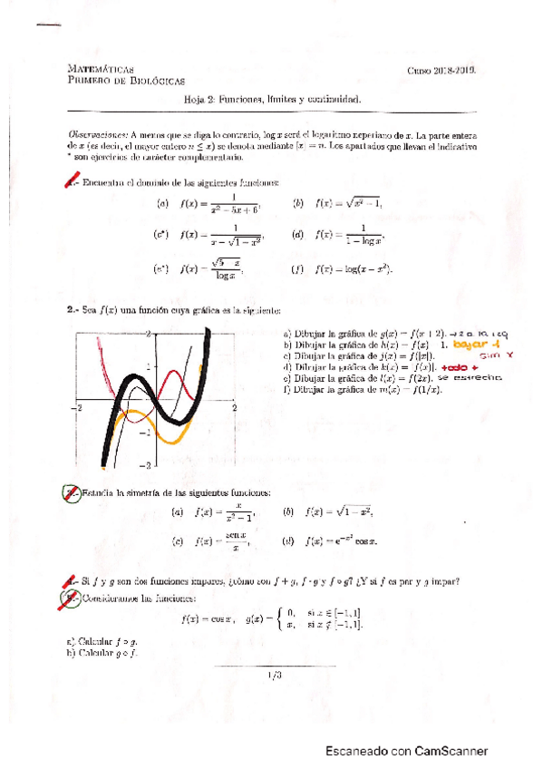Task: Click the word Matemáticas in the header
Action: [x=102, y=68]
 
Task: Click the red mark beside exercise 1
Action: [x=73, y=184]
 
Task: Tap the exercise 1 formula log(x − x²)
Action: [x=354, y=268]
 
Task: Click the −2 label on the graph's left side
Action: [x=80, y=409]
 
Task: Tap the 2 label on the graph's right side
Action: [x=234, y=409]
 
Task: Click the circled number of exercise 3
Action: [x=72, y=493]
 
